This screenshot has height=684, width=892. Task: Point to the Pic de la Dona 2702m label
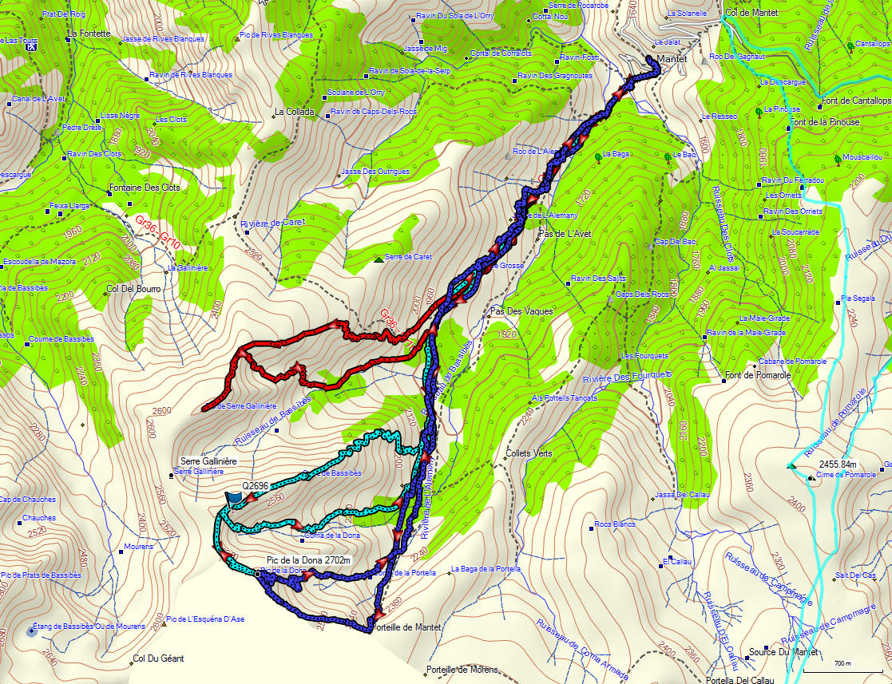(x=308, y=560)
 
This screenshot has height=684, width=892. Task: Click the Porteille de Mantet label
(x=407, y=627)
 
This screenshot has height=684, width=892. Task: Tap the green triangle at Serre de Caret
(x=378, y=259)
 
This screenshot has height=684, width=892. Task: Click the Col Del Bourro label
(x=133, y=288)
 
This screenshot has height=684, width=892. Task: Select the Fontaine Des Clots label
(x=144, y=188)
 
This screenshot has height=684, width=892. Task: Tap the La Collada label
(x=295, y=112)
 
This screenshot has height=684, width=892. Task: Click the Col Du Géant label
(x=157, y=658)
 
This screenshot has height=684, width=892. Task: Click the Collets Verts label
(x=529, y=453)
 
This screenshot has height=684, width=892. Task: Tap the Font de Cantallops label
(x=854, y=101)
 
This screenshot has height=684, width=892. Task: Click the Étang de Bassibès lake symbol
(x=30, y=631)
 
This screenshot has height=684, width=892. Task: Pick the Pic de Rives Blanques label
(x=276, y=35)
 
